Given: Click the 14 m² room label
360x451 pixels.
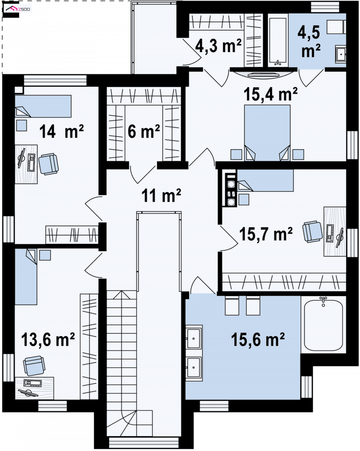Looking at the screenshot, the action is click(x=61, y=131).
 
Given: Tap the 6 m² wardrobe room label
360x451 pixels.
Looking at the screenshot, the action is click(x=144, y=131).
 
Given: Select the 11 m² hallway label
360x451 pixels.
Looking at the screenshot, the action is click(x=161, y=196).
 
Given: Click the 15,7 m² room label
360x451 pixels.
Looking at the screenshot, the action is click(x=266, y=234).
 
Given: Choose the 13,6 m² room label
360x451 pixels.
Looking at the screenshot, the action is click(x=48, y=339).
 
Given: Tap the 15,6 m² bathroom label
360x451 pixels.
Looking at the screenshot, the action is click(x=258, y=339).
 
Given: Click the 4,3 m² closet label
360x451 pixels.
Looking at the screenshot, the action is click(x=218, y=46).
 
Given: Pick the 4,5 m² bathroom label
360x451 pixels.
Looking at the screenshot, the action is click(x=310, y=41).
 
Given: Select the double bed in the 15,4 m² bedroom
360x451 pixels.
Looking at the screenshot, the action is click(x=267, y=133).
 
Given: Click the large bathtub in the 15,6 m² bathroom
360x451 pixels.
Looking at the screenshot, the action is click(x=324, y=325).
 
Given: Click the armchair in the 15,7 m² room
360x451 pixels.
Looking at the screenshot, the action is click(x=313, y=231).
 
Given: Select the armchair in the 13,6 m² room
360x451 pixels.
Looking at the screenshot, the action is click(x=34, y=365).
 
